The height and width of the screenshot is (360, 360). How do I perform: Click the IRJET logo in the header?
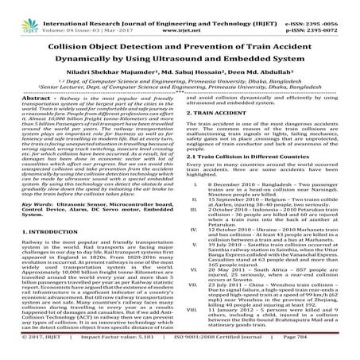click(x=17, y=10)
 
